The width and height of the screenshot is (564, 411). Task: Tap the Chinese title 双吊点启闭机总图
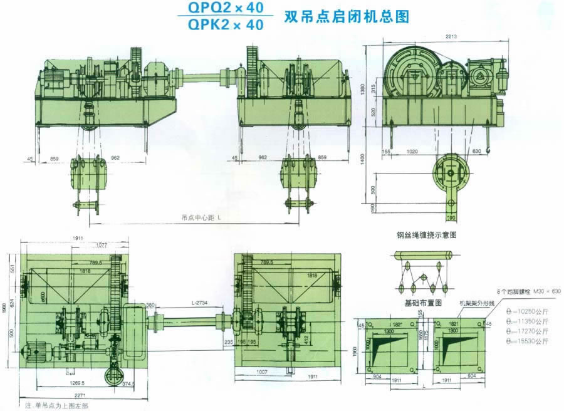(347, 16)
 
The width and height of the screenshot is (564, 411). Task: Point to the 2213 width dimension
(447, 38)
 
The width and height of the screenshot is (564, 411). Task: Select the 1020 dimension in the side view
(411, 151)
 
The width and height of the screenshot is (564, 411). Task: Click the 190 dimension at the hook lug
(451, 217)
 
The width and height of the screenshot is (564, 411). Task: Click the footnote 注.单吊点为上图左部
(56, 406)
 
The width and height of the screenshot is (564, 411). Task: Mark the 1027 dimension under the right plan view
(261, 372)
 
